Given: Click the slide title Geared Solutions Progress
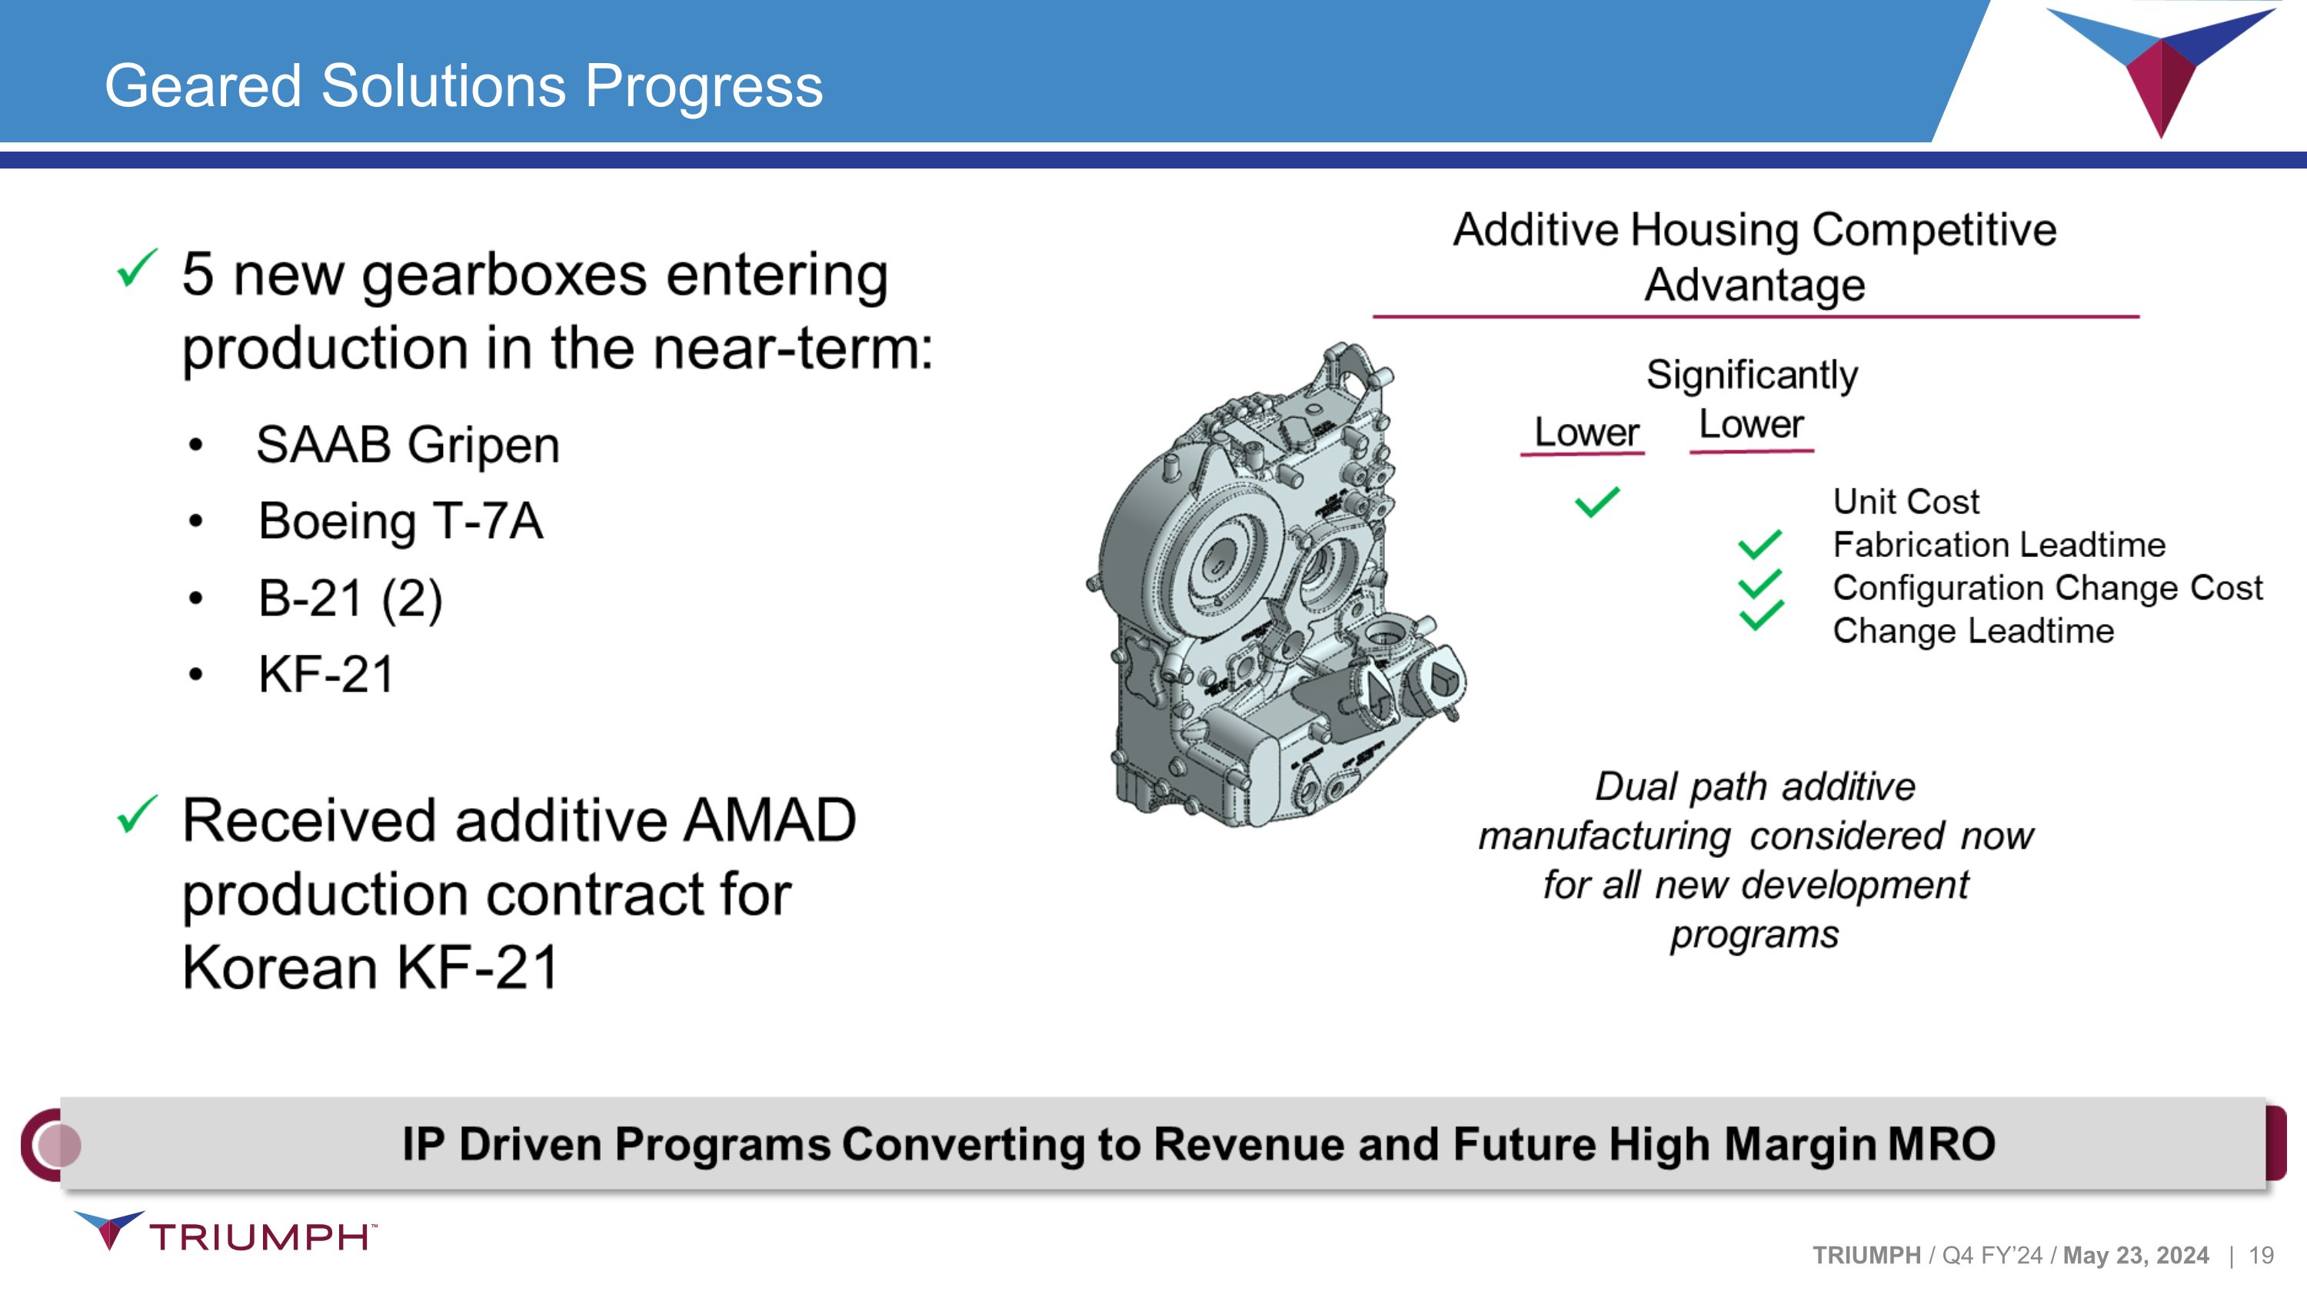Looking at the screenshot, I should (463, 86).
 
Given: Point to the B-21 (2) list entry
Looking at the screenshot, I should (350, 599).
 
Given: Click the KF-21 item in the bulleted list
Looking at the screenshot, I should (326, 675).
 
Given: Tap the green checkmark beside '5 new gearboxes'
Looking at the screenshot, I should (137, 268).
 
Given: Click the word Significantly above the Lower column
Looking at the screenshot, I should (1752, 375).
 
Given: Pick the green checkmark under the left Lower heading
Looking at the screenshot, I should (1596, 502).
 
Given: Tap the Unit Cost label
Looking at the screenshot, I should (1906, 502).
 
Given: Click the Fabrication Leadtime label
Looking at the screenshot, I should (1999, 545).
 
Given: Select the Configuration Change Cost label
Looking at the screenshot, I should (2047, 588).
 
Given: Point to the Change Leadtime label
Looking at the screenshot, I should (1973, 631).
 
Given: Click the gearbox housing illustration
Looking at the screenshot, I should (1272, 591).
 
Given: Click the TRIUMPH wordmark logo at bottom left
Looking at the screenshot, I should (260, 1236).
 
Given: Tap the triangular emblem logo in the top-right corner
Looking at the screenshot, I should (2160, 67).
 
